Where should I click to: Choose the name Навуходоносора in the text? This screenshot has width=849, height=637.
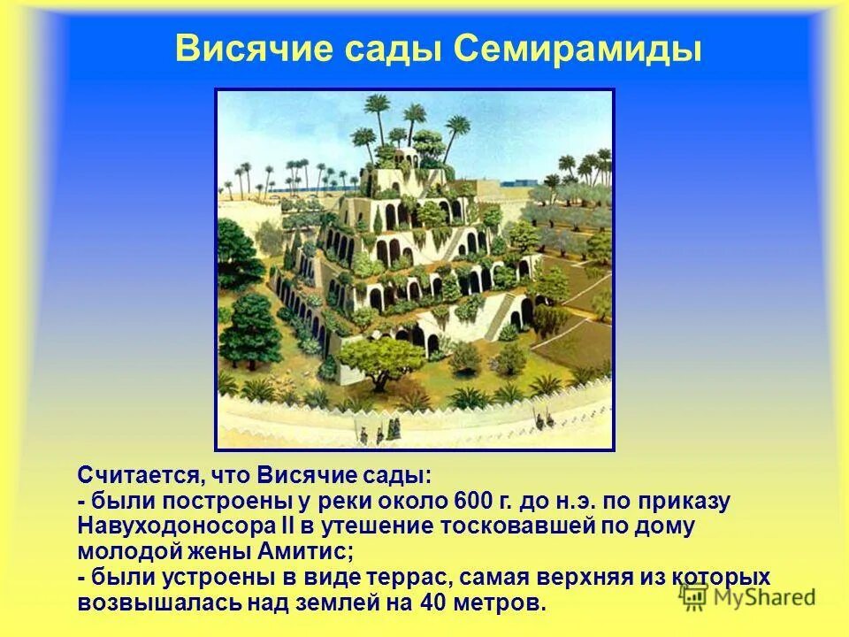pos(187,526)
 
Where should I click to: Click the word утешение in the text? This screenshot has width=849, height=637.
pos(364,526)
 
